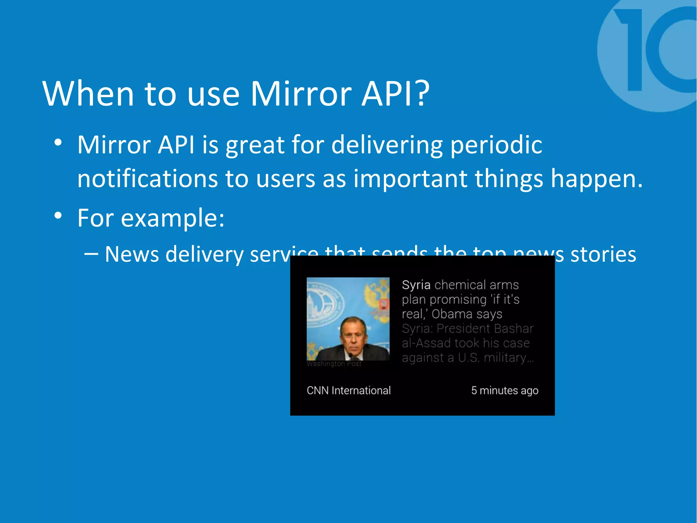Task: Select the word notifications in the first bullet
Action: [x=147, y=179]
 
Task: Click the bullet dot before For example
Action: [x=58, y=216]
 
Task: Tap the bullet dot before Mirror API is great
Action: [x=58, y=142]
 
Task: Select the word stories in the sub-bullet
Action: [x=603, y=254]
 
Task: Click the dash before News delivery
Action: [x=91, y=254]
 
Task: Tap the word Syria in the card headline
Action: [x=416, y=285]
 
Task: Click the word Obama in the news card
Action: [x=452, y=314]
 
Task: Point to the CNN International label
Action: [x=348, y=390]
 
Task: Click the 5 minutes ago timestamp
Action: [x=505, y=390]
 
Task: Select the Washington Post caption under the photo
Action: [x=334, y=364]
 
